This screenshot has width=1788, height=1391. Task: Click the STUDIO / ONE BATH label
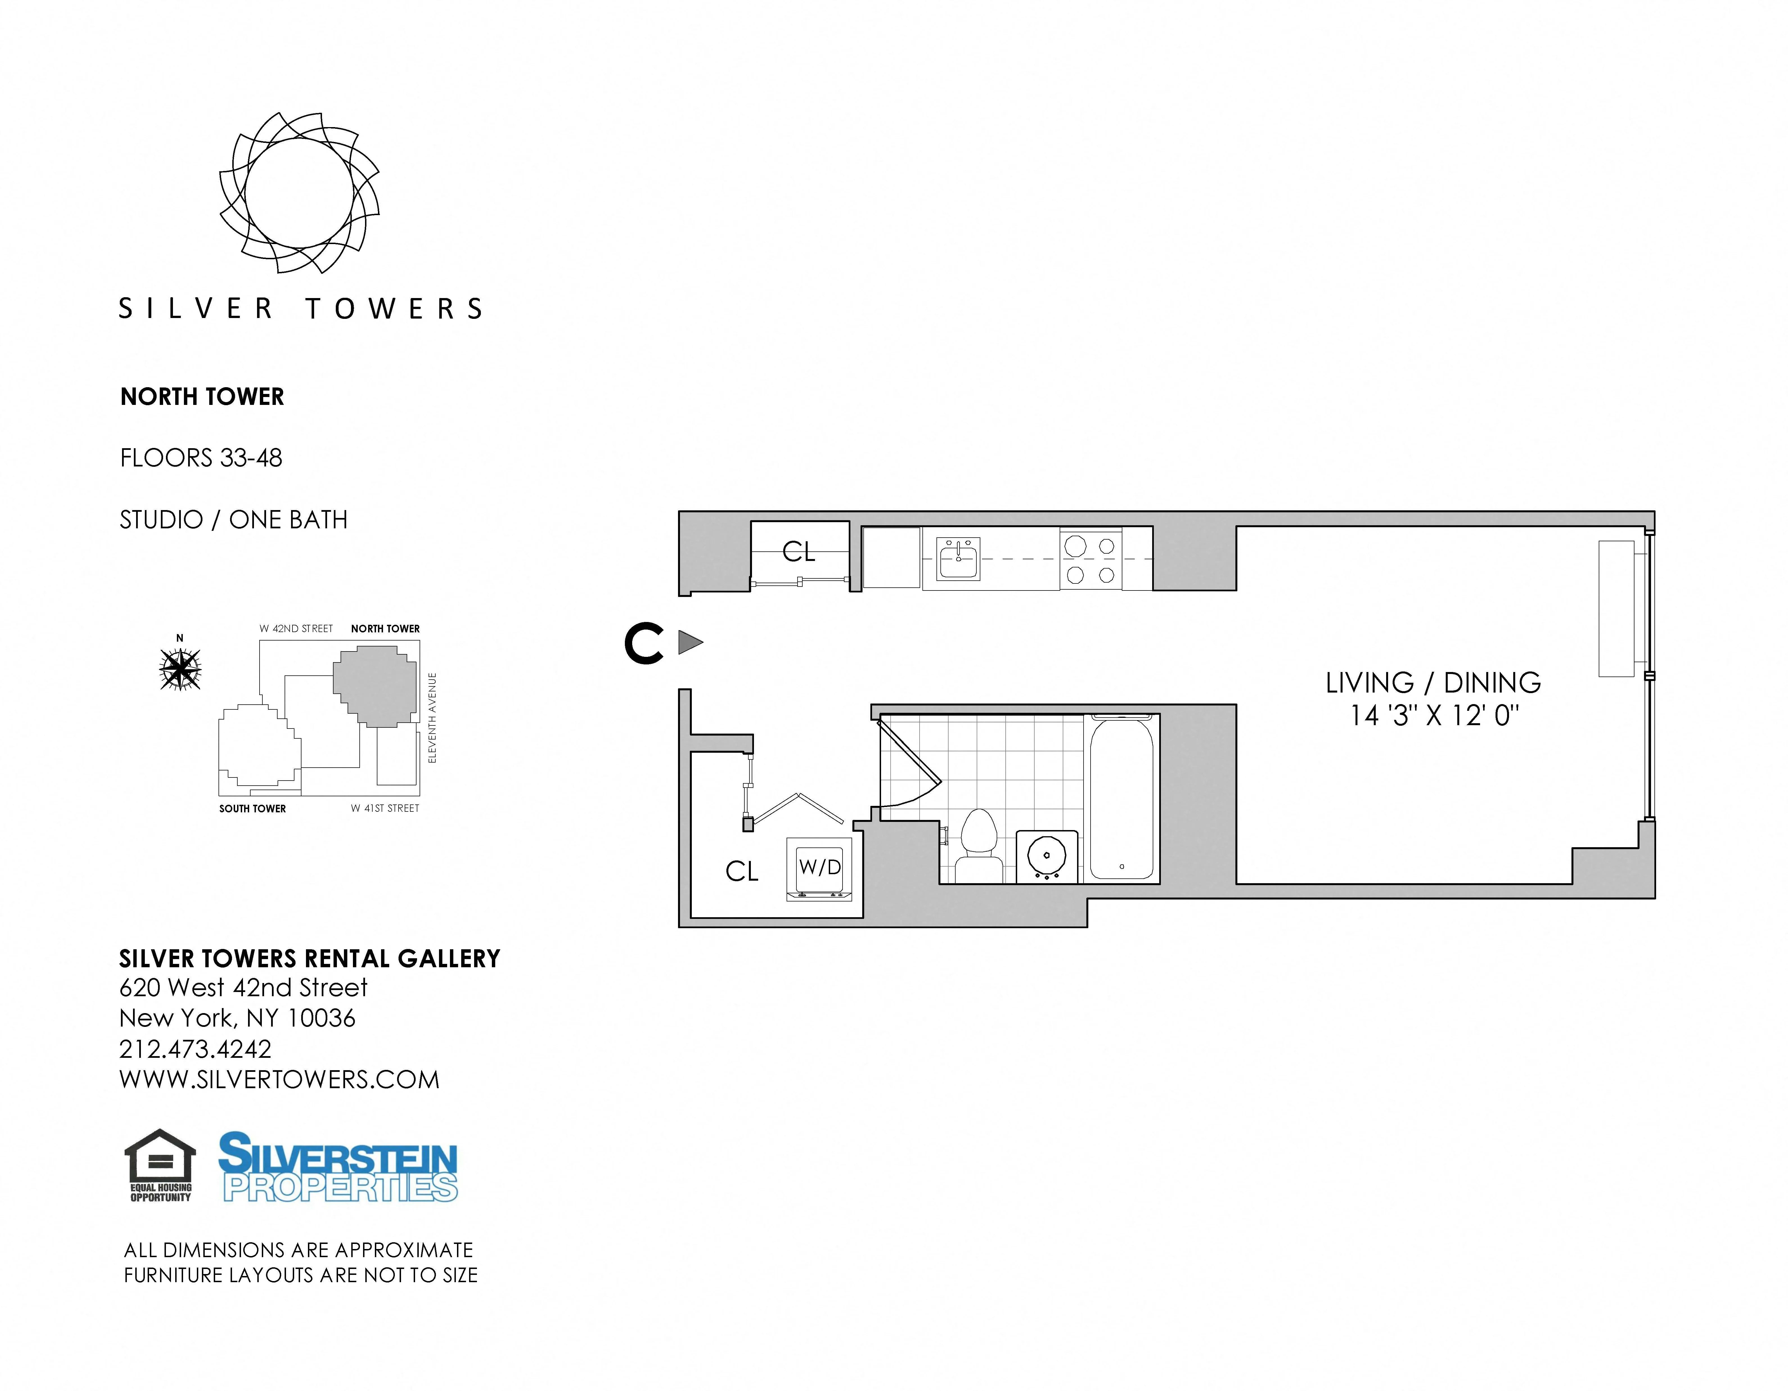233,520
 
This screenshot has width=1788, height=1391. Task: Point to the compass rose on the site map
180,669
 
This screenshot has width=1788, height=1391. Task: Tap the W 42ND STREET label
296,629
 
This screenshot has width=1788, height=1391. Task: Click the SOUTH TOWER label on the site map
252,809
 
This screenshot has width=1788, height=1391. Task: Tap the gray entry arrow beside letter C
689,642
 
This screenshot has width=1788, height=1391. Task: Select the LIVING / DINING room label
1433,683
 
